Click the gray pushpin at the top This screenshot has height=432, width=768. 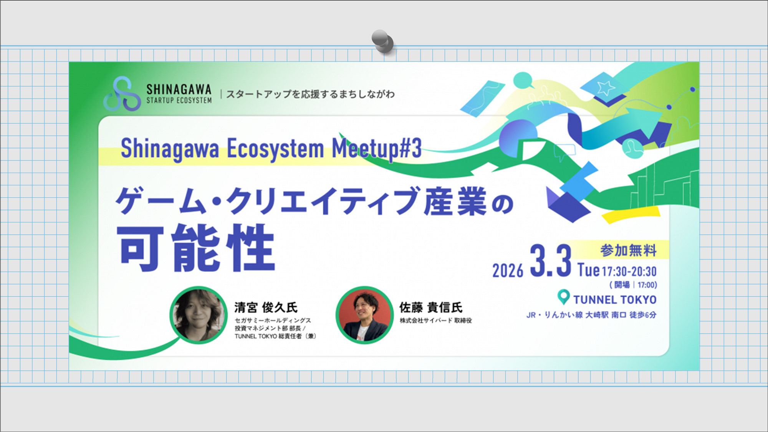[382, 40]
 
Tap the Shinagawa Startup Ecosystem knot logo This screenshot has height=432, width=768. [122, 94]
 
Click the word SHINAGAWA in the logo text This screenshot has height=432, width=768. [179, 89]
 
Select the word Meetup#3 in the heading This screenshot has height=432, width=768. [376, 149]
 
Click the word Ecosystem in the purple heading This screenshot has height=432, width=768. [275, 149]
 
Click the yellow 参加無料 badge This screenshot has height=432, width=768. [628, 250]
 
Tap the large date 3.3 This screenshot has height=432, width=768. [550, 262]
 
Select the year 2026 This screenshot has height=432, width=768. [508, 271]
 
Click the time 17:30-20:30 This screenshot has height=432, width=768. [629, 271]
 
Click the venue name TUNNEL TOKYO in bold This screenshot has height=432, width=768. [615, 300]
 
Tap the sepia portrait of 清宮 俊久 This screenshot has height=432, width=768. [199, 315]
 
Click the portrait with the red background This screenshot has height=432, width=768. [364, 315]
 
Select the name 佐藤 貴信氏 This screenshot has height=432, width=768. [431, 308]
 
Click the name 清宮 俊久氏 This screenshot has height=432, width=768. [266, 308]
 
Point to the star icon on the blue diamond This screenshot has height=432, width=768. [606, 88]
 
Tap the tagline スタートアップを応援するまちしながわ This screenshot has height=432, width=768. [310, 94]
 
